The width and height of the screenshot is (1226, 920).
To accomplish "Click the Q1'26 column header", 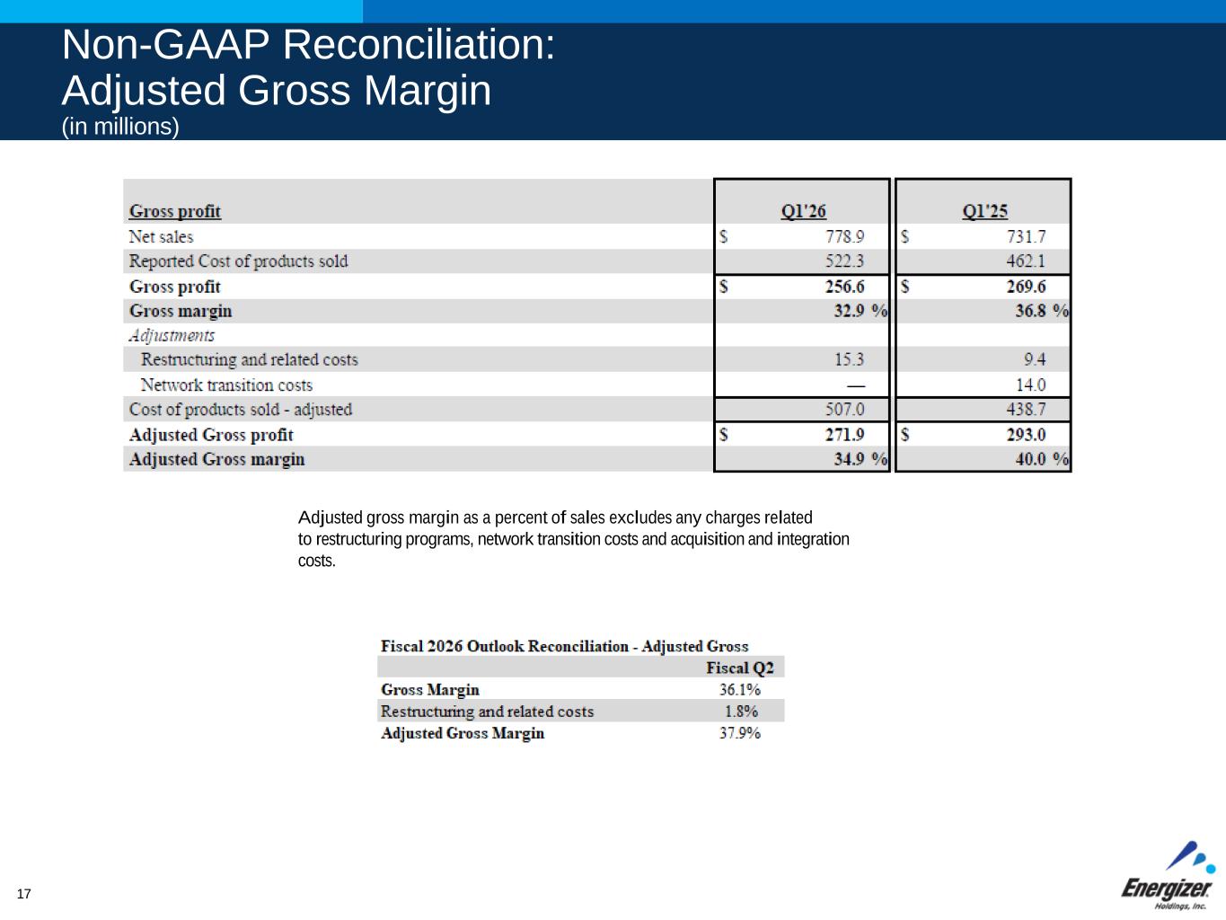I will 803,211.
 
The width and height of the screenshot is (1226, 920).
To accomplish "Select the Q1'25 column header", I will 984,211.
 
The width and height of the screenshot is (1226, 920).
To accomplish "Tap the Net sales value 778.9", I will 844,237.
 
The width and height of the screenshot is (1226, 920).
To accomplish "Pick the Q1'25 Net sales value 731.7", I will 1026,237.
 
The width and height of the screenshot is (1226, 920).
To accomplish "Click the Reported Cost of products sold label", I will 238,261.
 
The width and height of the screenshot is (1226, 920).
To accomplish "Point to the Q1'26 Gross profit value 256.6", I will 845,287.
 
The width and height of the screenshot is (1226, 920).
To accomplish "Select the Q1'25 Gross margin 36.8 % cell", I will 1042,311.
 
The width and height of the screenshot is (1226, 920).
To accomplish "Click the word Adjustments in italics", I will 172,335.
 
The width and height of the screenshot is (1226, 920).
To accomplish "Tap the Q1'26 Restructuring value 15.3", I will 849,359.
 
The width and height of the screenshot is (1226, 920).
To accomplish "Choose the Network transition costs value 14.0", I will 1030,385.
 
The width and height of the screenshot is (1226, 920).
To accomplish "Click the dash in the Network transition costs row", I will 855,385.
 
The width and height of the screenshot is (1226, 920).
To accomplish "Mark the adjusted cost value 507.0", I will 845,410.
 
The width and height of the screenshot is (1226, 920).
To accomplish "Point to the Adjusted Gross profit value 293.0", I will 1026,435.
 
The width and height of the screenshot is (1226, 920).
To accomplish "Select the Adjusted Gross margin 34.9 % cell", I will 860,459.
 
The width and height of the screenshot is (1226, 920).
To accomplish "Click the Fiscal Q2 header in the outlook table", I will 739,668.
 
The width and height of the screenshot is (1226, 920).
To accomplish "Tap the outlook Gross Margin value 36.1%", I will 739,690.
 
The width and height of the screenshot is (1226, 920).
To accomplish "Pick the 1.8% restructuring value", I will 741,712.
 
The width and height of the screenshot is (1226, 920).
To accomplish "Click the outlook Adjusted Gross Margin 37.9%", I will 739,733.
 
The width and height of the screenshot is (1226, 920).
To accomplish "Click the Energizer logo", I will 1169,877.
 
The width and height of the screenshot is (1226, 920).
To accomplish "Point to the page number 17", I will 24,894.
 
